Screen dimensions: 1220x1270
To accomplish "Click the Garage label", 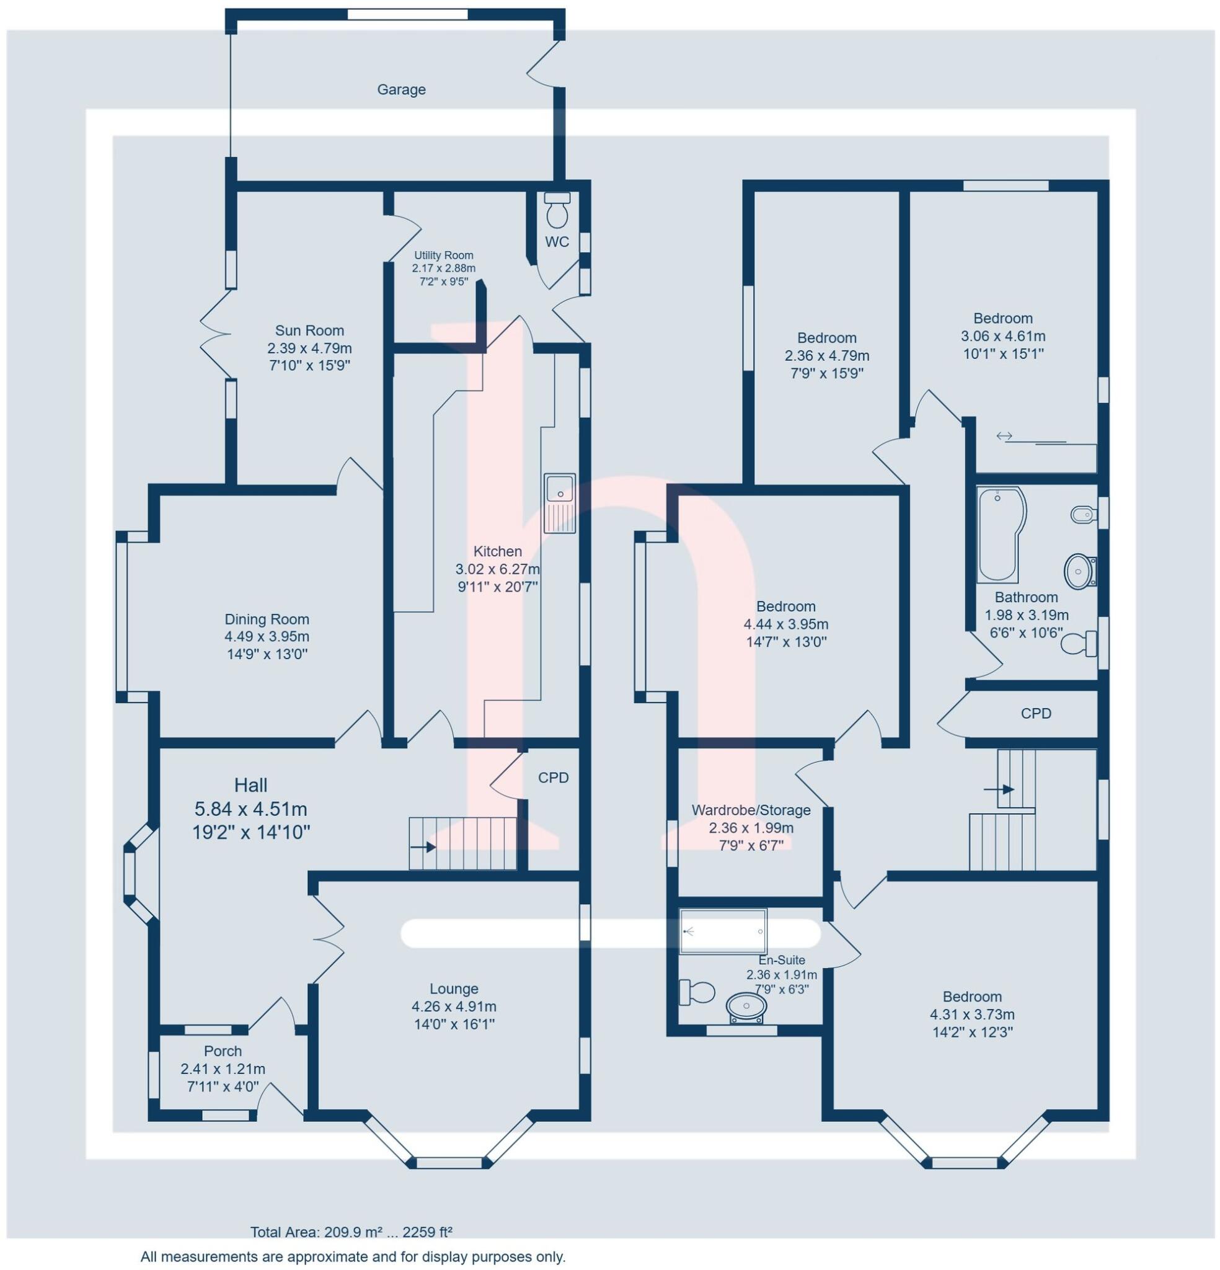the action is click(401, 89).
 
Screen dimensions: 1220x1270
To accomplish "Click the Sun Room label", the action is click(309, 331).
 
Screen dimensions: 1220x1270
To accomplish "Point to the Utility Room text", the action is click(444, 255).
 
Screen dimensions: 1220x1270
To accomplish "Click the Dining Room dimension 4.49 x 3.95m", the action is click(267, 636).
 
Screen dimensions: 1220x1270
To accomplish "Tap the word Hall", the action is click(250, 785).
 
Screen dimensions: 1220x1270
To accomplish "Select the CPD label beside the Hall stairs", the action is click(554, 778).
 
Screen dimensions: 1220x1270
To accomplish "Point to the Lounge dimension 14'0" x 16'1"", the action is click(454, 1024).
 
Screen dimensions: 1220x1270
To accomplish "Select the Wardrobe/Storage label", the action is click(751, 810).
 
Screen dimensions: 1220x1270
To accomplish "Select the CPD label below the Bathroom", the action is click(1036, 713).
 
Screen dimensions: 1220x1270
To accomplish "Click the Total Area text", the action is click(351, 1232).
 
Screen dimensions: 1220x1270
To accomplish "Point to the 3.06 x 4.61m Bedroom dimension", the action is click(1003, 336).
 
